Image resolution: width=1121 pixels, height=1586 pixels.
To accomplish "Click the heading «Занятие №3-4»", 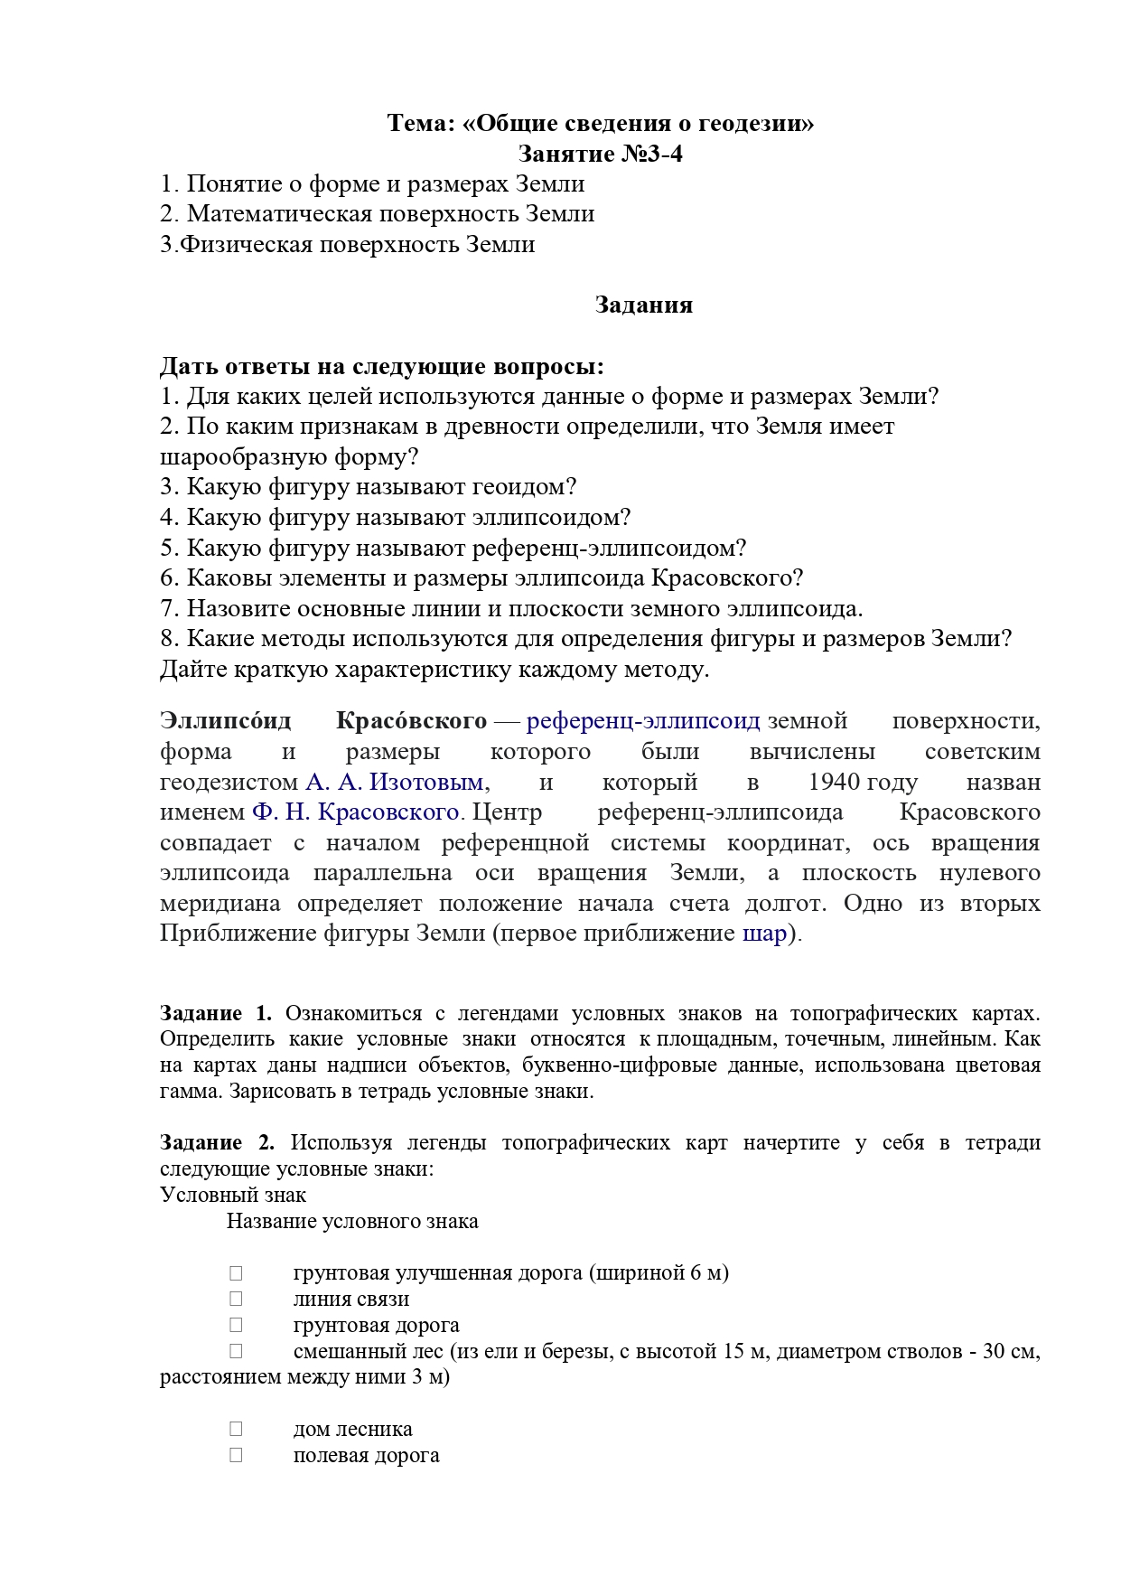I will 600,154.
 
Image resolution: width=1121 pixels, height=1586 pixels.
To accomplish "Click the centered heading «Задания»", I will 643,305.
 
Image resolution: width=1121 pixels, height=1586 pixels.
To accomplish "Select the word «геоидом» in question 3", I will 525,487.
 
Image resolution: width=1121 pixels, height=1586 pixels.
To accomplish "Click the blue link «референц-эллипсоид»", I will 643,721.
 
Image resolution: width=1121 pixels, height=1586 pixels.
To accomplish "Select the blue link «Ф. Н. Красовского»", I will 356,812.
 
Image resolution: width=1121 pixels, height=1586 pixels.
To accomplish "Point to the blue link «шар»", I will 764,934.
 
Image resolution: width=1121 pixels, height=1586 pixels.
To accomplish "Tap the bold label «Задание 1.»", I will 216,1013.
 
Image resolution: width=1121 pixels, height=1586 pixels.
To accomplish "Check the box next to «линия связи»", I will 236,1299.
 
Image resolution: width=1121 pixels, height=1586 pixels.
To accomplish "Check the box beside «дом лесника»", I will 236,1429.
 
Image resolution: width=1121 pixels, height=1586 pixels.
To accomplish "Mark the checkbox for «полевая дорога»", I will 236,1455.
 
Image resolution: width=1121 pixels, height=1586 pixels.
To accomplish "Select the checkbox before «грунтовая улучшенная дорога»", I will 236,1272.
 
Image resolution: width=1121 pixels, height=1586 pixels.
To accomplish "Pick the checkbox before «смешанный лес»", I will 236,1351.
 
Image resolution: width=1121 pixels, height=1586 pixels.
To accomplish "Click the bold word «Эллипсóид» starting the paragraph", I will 225,721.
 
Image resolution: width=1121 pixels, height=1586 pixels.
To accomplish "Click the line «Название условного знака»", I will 352,1221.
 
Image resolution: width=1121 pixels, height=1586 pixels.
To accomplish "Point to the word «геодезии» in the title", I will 748,123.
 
